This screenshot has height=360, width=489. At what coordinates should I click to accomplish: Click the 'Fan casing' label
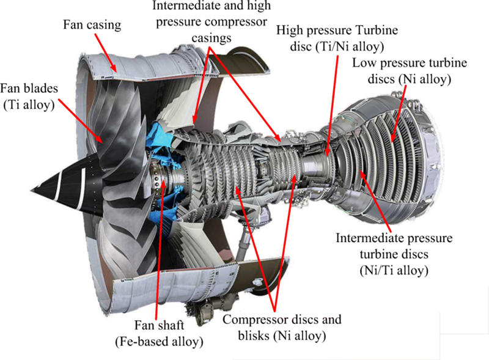(92, 26)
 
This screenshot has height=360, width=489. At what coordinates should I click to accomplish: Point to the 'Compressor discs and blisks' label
(282, 327)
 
